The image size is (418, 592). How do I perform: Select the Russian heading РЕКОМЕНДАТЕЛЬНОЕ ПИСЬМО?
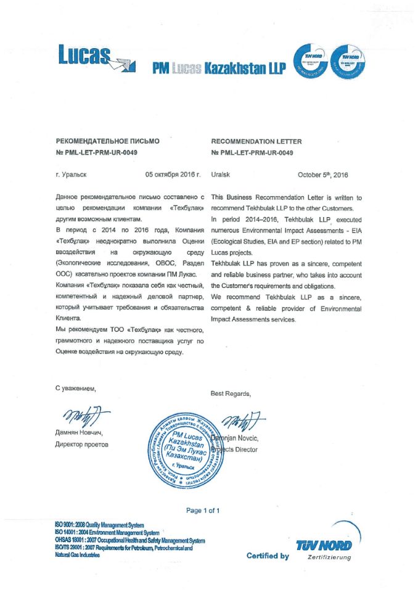tap(107, 141)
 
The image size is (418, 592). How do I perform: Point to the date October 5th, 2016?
tap(322, 175)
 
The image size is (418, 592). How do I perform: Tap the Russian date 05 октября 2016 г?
tap(173, 175)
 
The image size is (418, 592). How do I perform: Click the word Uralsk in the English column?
tap(220, 175)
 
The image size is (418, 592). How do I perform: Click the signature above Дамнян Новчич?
tap(86, 417)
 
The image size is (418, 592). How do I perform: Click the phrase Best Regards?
tap(231, 393)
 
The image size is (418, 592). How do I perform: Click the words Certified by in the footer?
tap(268, 556)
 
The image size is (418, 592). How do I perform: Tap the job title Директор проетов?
tap(82, 444)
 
